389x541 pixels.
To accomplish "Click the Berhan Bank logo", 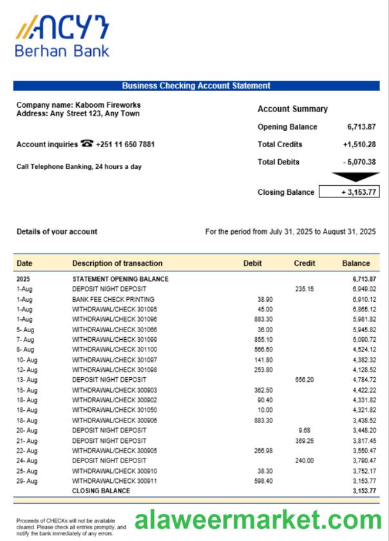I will coord(62,37).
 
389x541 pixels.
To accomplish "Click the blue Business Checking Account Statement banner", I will coord(196,86).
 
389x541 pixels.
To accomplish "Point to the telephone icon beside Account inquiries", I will coord(88,144).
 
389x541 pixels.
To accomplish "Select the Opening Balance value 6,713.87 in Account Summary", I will coord(361,127).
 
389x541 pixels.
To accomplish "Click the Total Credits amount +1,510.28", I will coord(359,144).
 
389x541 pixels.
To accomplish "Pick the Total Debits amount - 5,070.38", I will coord(359,162).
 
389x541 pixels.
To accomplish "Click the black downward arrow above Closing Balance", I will coord(355,177).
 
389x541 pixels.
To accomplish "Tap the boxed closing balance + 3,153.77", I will coord(349,192).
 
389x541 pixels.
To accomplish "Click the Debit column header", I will coord(252,263).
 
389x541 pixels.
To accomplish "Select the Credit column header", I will coord(304,263).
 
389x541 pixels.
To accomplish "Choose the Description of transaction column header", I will coord(117,263).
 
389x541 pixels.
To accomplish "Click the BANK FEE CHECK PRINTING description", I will coord(113,299).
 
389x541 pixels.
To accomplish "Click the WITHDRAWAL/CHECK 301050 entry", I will coord(115,409).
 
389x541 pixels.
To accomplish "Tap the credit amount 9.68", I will coord(305,429).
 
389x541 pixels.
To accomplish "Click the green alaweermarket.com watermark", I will coord(258,520).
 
